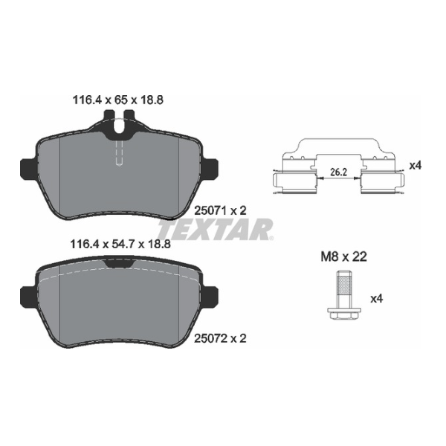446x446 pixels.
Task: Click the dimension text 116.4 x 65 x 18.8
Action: [x=118, y=100]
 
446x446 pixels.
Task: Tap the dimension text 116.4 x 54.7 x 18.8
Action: [x=120, y=244]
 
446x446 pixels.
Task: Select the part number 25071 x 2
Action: [x=220, y=211]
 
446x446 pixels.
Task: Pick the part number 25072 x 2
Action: [x=220, y=338]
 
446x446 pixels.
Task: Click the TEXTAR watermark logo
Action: [x=216, y=229]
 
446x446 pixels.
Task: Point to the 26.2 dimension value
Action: [x=338, y=172]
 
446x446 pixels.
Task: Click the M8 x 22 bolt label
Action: [x=344, y=257]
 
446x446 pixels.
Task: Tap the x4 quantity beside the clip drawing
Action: [x=415, y=166]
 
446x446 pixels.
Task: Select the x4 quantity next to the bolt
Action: [x=377, y=299]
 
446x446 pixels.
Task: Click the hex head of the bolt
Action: [x=344, y=313]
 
